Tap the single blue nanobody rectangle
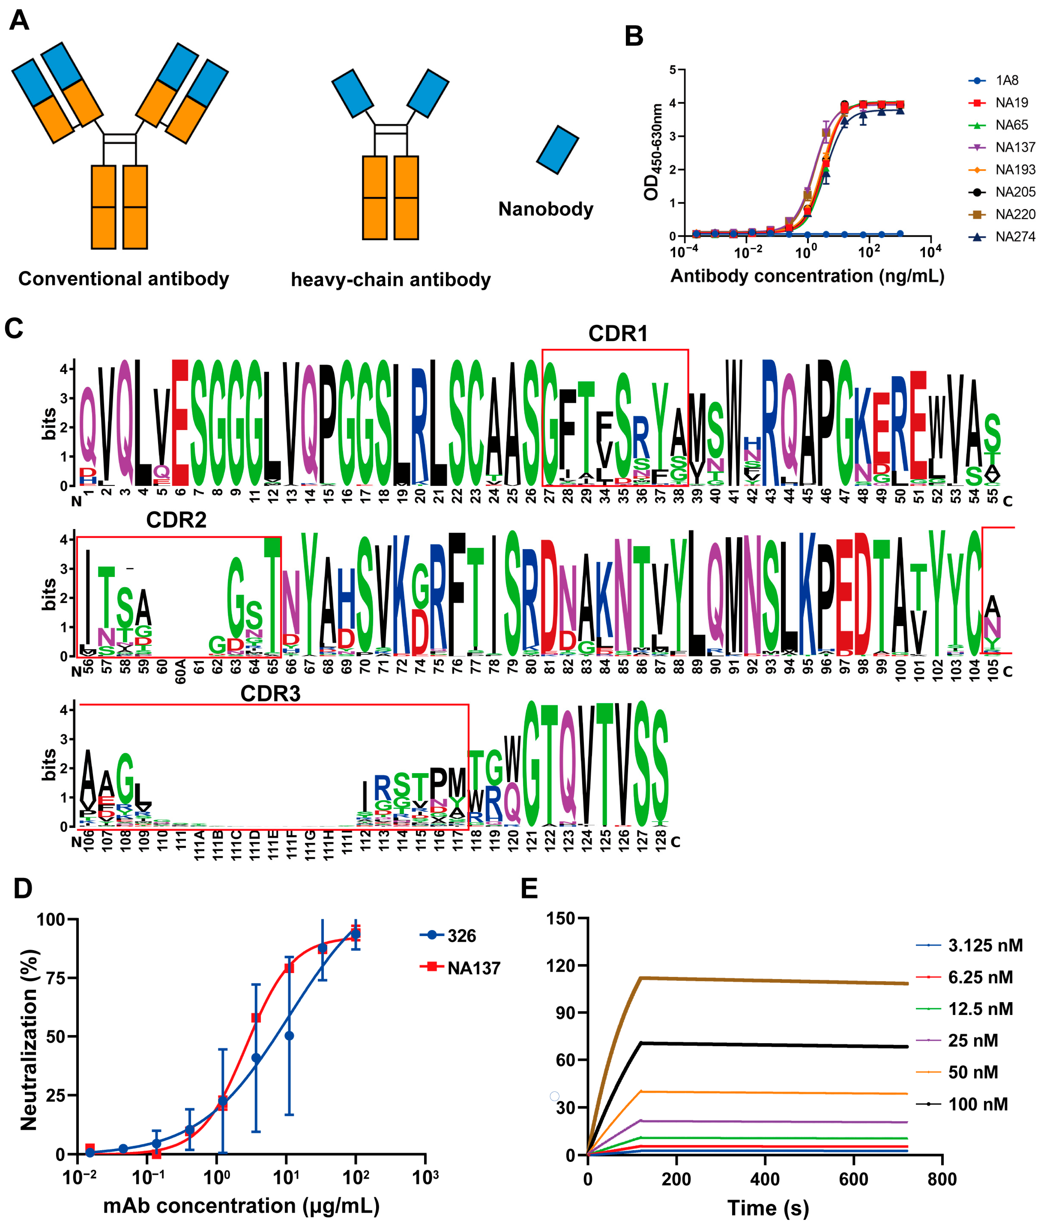tap(557, 150)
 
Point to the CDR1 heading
tap(618, 334)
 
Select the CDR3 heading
tap(270, 694)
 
